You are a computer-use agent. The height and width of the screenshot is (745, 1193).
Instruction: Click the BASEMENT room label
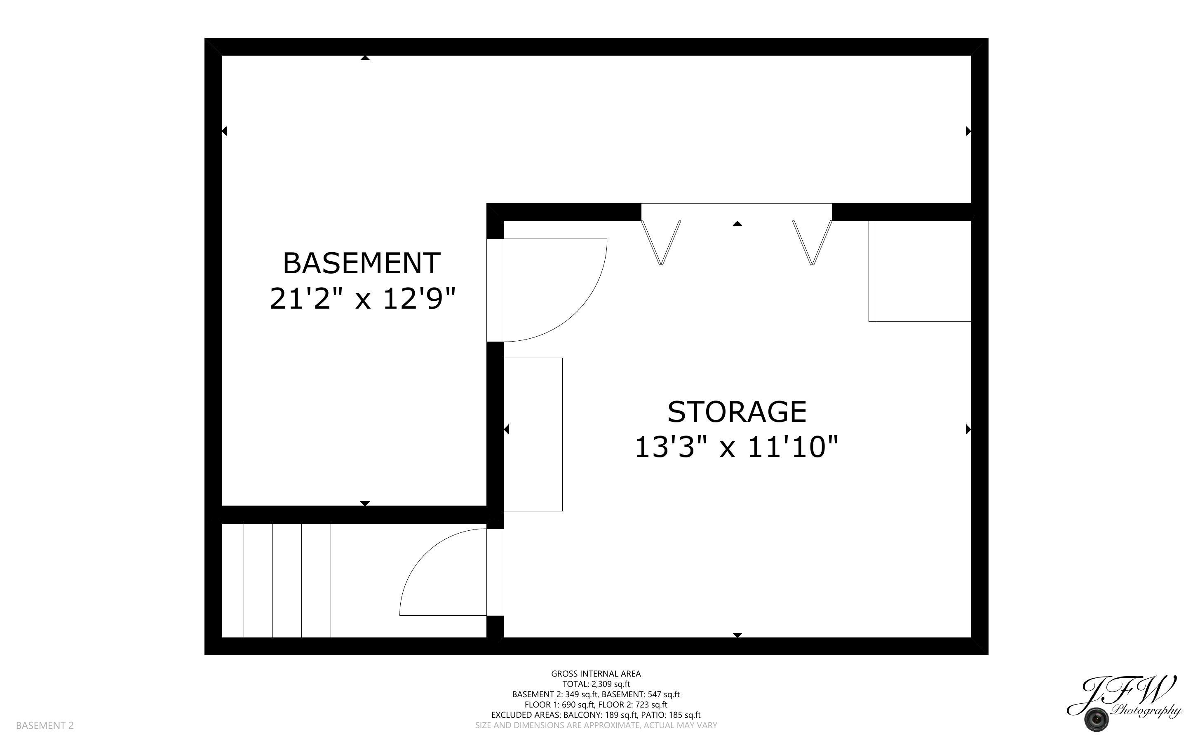pos(361,264)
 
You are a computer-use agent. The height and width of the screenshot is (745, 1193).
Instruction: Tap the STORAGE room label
pos(736,412)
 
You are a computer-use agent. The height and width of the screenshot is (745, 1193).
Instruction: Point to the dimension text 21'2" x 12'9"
pos(362,299)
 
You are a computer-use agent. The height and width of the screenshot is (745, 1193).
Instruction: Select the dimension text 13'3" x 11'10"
pos(736,447)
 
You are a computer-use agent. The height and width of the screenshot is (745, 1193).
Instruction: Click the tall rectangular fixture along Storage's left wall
pos(533,434)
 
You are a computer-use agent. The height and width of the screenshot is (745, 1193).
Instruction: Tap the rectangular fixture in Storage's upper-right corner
pos(920,271)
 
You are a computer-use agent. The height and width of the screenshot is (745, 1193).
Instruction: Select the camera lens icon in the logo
pos(1097,720)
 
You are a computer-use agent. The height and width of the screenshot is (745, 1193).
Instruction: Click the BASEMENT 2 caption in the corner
pos(45,725)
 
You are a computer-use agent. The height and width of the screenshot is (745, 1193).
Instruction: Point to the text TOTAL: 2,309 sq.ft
pos(596,684)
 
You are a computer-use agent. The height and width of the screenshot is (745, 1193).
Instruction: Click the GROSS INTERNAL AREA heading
pos(596,674)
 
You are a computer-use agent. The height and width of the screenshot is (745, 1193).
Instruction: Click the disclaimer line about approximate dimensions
pos(596,725)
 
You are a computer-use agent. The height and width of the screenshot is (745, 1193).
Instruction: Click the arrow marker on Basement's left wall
pos(224,131)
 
